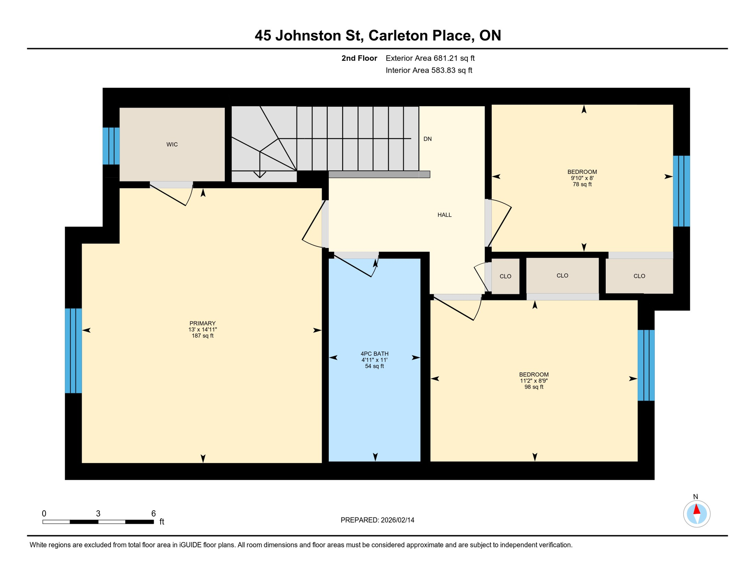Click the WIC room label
pos(172,145)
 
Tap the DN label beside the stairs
pos(428,139)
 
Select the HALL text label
pos(444,215)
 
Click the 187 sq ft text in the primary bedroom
pos(202,336)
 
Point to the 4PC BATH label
pos(374,354)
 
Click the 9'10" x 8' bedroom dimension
pos(582,178)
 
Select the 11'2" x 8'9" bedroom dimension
pos(534,381)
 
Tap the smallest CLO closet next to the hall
pos(505,276)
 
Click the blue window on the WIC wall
pos(111,146)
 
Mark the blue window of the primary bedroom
pos(73,351)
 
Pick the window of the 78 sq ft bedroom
pos(681,191)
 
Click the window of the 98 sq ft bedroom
pos(646,365)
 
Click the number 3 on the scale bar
pos(98,514)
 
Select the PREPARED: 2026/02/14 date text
pos(377,520)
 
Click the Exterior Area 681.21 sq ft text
pos(430,58)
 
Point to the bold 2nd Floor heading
pos(359,58)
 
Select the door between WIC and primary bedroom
pos(172,194)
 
